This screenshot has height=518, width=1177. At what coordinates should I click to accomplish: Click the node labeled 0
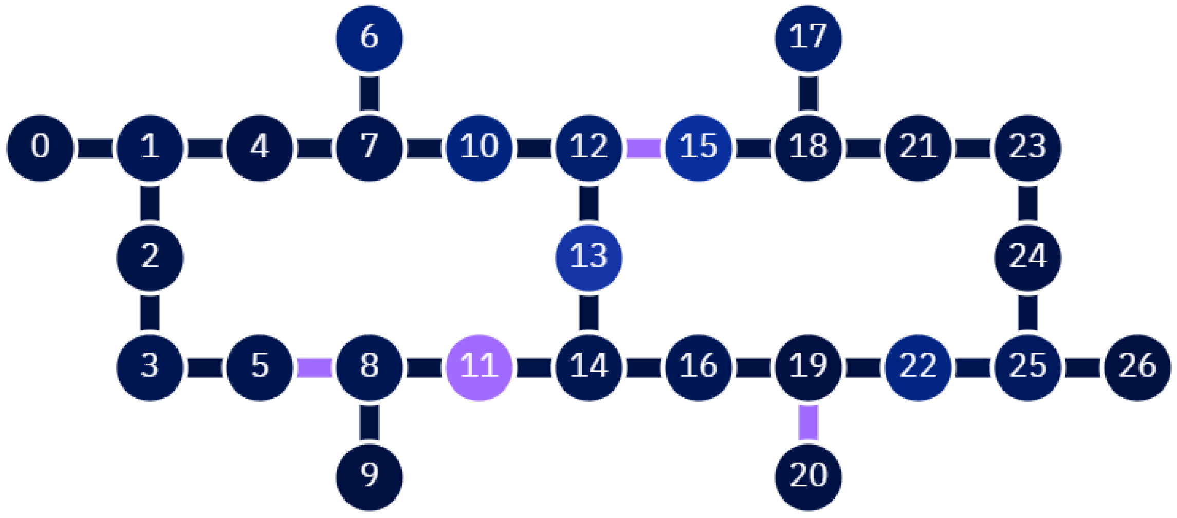[40, 148]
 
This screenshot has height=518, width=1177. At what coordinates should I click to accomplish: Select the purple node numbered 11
[479, 367]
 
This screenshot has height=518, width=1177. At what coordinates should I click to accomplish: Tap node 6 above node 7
[369, 39]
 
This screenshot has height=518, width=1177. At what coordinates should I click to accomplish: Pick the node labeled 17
[808, 39]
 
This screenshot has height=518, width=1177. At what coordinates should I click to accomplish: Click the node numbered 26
[1137, 367]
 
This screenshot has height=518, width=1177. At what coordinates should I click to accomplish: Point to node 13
[588, 257]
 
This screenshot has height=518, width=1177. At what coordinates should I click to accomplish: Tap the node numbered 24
[1027, 257]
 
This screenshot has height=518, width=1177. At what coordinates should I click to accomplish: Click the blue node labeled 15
[698, 148]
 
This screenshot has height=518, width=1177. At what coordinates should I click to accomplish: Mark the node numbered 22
[918, 367]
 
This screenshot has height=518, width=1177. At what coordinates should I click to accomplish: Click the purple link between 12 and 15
[643, 148]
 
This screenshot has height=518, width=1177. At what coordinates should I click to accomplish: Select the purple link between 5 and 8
[314, 367]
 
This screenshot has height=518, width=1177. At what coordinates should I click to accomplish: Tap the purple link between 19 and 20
[808, 422]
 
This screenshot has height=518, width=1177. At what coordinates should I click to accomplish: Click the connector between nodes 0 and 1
[95, 148]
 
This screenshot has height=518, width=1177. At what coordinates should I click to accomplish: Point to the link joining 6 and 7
[369, 94]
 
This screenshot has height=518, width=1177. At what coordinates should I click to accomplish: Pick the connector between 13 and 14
[588, 312]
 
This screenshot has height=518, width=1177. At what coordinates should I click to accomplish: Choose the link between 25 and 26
[1082, 367]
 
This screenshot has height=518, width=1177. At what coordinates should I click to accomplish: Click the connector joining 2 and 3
[150, 312]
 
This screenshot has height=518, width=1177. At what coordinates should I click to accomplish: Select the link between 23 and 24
[1027, 203]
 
